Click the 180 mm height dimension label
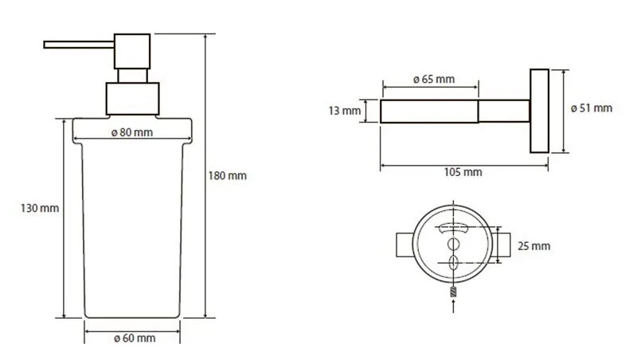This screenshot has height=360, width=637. tap(228, 175)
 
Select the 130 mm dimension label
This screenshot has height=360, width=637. tap(40, 208)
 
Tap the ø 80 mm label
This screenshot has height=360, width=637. tap(132, 132)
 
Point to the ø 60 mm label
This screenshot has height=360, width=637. tap(135, 338)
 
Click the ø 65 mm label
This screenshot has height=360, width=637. tap(434, 79)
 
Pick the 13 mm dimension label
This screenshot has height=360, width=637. tap(345, 111)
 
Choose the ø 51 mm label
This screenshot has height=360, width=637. tap(591, 108)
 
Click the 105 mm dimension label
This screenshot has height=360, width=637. tap(463, 172)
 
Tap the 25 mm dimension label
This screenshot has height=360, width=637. tap(533, 246)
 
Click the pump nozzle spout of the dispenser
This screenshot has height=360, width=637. tap(79, 45)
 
